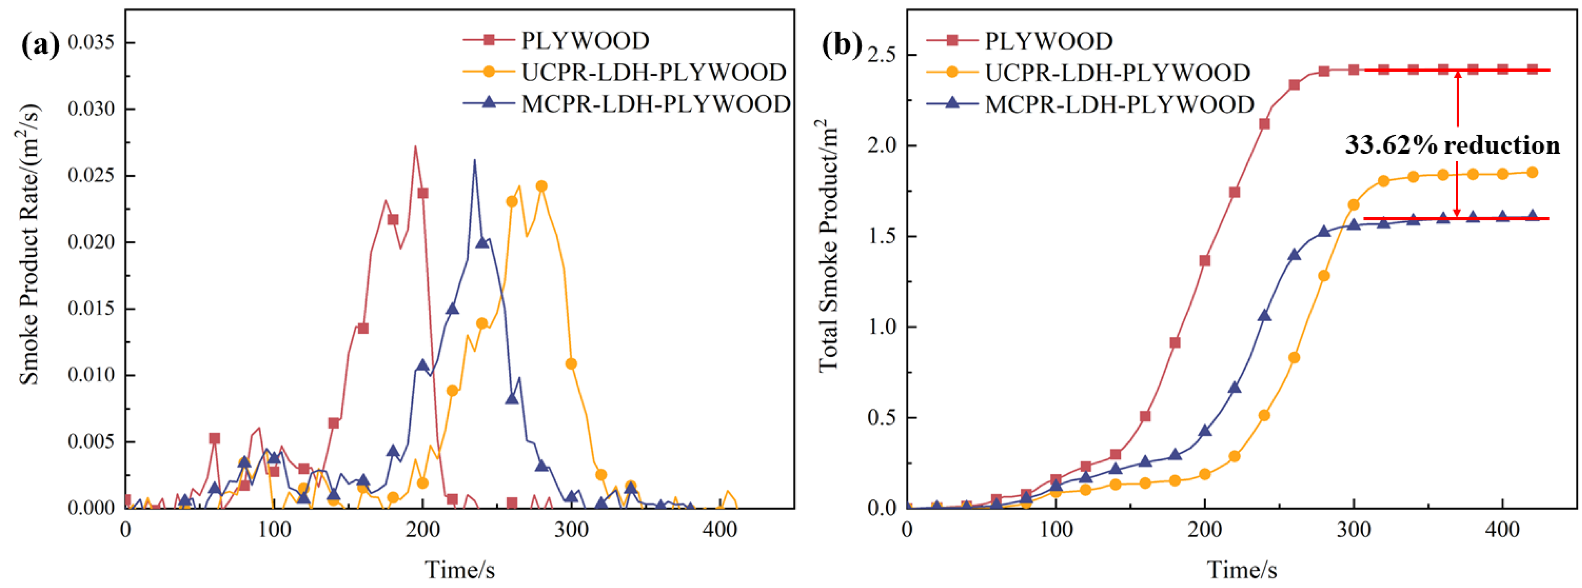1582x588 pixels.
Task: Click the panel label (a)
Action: coord(40,45)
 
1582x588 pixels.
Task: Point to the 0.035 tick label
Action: coord(91,43)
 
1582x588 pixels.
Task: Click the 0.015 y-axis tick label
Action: coord(91,308)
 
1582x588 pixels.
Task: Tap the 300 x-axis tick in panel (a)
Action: coord(571,529)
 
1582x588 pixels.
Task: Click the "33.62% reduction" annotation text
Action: coord(1452,145)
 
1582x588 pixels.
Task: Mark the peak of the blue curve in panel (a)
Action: coord(474,161)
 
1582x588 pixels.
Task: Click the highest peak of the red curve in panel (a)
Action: coord(415,146)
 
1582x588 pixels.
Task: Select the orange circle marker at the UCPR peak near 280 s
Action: coord(541,186)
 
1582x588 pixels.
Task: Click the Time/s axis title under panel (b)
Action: coord(1242,570)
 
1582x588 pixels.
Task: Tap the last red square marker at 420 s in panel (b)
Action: coord(1532,70)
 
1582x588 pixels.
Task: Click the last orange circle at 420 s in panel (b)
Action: coord(1532,173)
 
